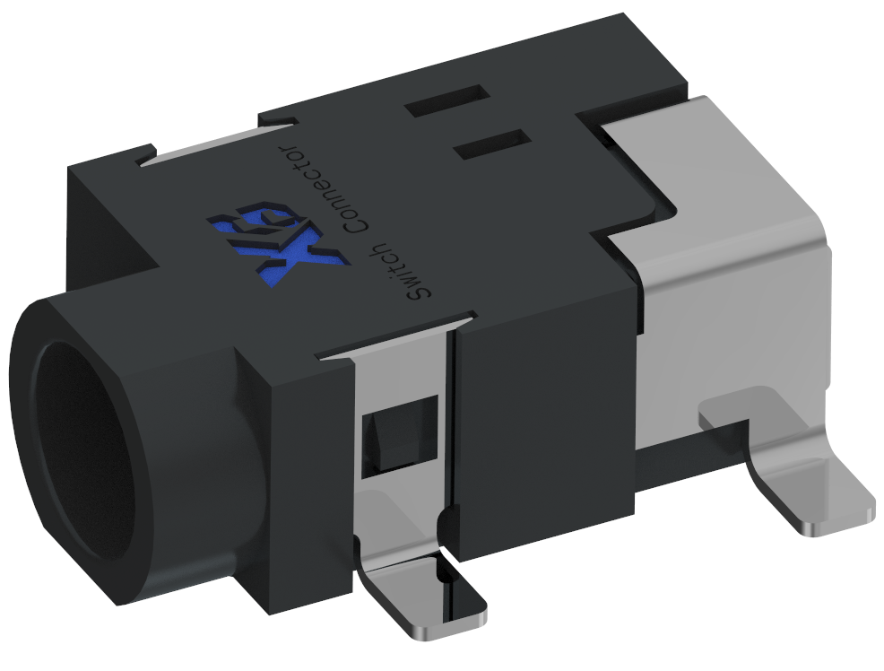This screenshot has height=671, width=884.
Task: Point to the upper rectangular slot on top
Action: [445, 102]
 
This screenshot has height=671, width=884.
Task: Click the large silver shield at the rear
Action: [726, 296]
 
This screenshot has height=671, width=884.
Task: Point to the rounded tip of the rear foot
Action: [843, 518]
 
